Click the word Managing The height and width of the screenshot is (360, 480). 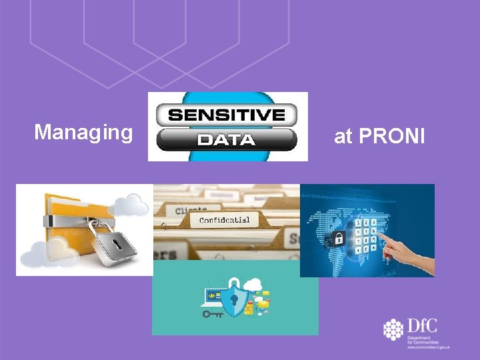coord(83,133)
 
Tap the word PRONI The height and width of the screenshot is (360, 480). coord(391,137)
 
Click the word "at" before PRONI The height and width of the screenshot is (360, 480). coord(343,137)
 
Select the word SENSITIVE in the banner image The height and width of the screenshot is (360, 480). coord(227,115)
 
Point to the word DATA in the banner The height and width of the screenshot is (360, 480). coord(227,140)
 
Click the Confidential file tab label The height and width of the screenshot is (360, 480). coord(225,220)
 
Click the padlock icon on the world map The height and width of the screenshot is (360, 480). coord(338,237)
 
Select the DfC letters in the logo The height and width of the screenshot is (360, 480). coord(423,326)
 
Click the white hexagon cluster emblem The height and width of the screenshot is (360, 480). coord(394,329)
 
